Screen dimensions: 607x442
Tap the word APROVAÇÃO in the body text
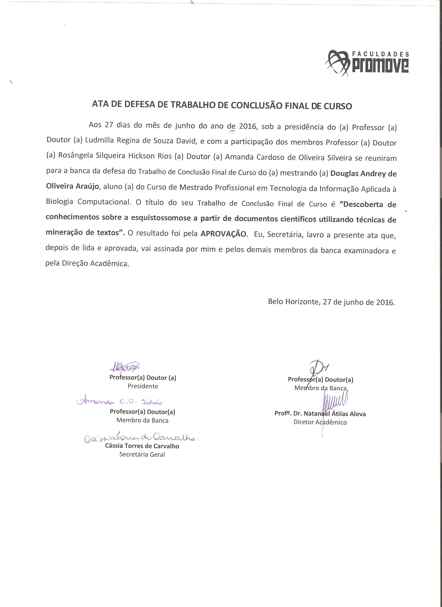[223, 234]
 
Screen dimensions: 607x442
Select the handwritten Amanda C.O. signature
[120, 401]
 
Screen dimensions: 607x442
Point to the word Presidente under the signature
[143, 386]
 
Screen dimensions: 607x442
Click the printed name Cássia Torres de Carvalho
[142, 446]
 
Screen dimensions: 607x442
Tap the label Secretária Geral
[142, 455]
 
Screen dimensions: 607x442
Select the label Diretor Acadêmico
[320, 422]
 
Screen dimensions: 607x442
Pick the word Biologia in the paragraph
[59, 201]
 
